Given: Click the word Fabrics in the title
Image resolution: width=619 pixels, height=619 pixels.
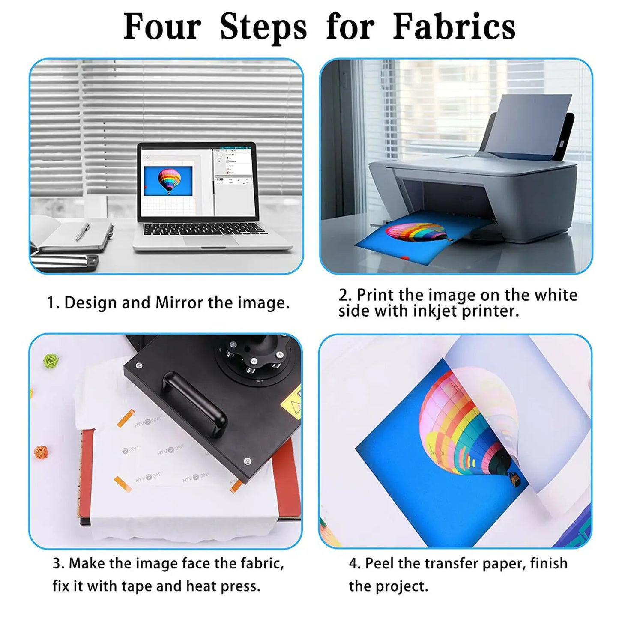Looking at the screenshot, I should pyautogui.click(x=454, y=27).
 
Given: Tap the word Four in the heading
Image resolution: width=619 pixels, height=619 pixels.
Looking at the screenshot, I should pyautogui.click(x=162, y=27).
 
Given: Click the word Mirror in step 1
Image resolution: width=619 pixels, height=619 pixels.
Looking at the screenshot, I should pyautogui.click(x=179, y=303).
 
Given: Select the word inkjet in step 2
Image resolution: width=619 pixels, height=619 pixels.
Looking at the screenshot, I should pyautogui.click(x=436, y=311).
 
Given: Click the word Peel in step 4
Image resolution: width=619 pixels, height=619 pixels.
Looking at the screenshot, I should pyautogui.click(x=380, y=563).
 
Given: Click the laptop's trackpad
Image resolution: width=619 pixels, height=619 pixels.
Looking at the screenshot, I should pyautogui.click(x=211, y=240).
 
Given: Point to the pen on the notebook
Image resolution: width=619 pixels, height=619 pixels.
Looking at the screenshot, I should pyautogui.click(x=83, y=231).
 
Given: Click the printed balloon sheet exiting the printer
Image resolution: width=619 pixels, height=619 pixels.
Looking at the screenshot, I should pyautogui.click(x=411, y=238).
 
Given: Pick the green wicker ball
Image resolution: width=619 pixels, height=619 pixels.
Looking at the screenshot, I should pyautogui.click(x=51, y=361).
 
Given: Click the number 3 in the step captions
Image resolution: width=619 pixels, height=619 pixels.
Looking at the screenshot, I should pyautogui.click(x=57, y=563).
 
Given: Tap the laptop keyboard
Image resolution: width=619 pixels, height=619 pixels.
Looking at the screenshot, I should pyautogui.click(x=203, y=229).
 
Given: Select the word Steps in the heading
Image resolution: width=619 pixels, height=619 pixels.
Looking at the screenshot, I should pyautogui.click(x=263, y=27).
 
